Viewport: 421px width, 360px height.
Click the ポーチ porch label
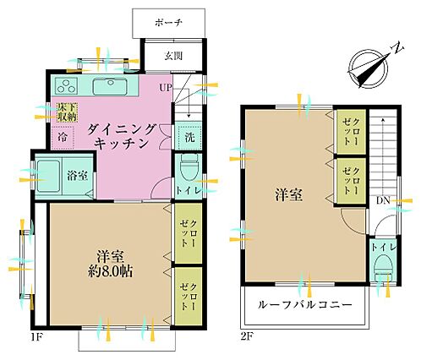pyautogui.click(x=168, y=23)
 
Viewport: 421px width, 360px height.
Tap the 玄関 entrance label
pyautogui.click(x=173, y=56)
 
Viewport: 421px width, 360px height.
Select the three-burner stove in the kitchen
pyautogui.click(x=67, y=85)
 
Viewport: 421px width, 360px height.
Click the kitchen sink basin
pyautogui.click(x=111, y=86)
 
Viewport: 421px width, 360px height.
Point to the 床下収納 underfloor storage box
pyautogui.click(x=68, y=112)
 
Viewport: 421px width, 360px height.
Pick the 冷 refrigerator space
pyautogui.click(x=63, y=137)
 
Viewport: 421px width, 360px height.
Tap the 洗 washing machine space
pyautogui.click(x=189, y=137)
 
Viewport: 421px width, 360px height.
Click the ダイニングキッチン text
pyautogui.click(x=122, y=137)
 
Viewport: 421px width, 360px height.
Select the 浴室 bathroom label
pyautogui.click(x=77, y=176)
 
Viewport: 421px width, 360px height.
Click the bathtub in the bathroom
pyautogui.click(x=48, y=176)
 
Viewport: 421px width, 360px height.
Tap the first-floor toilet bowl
pyautogui.click(x=189, y=168)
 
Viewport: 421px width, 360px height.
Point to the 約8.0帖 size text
pyautogui.click(x=110, y=271)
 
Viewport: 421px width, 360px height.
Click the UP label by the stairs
pyautogui.click(x=165, y=88)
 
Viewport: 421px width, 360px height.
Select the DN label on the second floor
pyautogui.click(x=383, y=201)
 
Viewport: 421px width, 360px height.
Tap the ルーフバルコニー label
pyautogui.click(x=305, y=305)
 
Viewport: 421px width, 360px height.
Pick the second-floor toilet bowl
pyautogui.click(x=383, y=268)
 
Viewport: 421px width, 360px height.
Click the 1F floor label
pyautogui.click(x=37, y=336)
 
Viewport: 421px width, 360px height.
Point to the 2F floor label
pyautogui.click(x=247, y=336)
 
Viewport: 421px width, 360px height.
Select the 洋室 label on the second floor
pyautogui.click(x=289, y=195)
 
